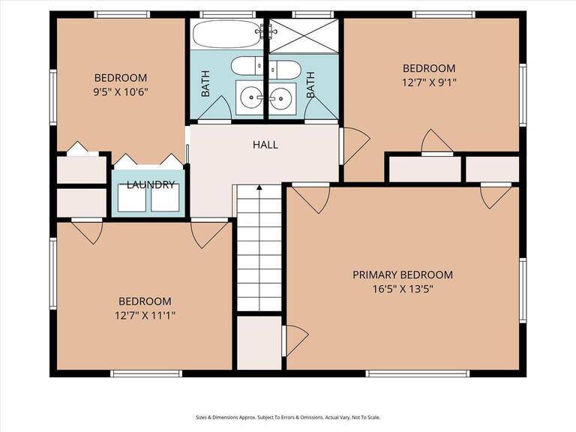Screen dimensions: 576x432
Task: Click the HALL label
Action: tap(265, 145)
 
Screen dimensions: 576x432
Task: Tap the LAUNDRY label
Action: tap(151, 184)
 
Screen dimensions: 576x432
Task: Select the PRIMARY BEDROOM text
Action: tap(403, 274)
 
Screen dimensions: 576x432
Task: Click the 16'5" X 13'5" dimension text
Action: tap(403, 289)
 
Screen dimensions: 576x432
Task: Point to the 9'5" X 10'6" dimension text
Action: tap(121, 91)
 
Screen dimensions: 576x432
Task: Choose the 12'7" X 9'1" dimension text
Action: tap(429, 82)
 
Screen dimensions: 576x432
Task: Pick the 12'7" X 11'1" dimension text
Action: tap(145, 315)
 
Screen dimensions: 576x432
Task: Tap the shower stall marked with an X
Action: tap(304, 36)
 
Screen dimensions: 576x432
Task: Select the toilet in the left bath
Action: tap(247, 66)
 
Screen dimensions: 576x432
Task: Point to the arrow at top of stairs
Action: tap(259, 187)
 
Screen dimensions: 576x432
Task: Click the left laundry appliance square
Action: tap(131, 198)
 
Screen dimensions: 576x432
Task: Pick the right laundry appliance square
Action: tap(165, 198)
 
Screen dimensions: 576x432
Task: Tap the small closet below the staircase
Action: tap(259, 343)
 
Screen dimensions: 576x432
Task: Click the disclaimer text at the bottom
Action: tap(288, 417)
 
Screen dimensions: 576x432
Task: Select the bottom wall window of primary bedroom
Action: tap(418, 373)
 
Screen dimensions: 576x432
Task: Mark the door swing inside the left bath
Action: tap(215, 107)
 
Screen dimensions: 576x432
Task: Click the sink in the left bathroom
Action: tap(250, 97)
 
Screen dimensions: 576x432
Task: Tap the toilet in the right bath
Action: tap(285, 70)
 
